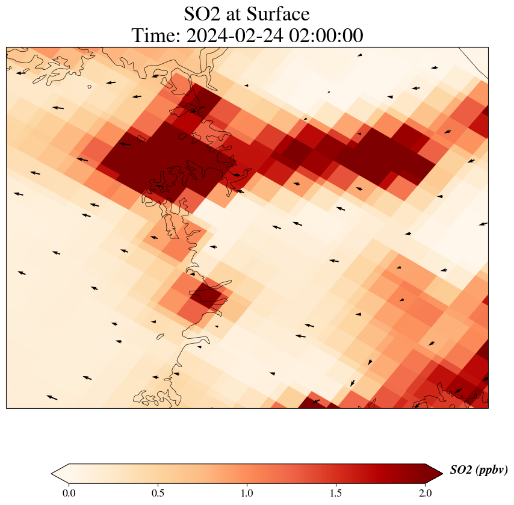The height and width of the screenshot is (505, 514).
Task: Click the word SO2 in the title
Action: [x=203, y=14]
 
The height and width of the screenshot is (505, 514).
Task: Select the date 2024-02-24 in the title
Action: [x=235, y=36]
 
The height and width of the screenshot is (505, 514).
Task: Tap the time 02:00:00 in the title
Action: [x=326, y=36]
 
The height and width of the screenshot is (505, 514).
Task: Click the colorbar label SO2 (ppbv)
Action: [x=478, y=470]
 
